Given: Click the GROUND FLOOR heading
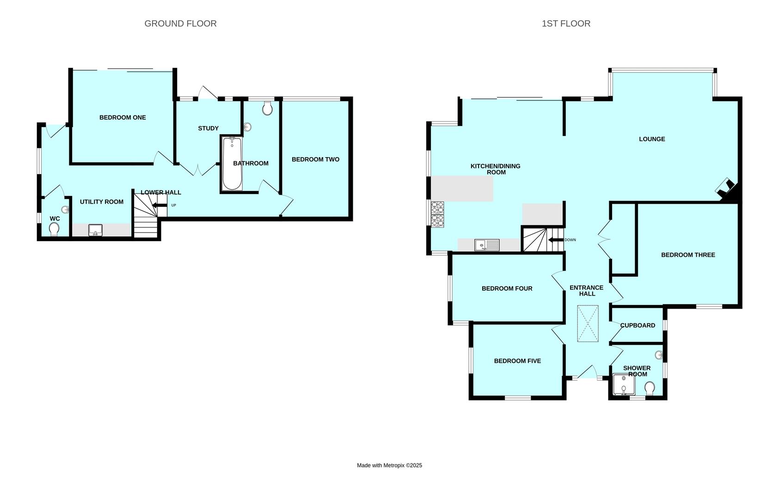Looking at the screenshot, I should tap(180, 24).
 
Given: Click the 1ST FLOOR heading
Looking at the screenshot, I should tap(566, 24).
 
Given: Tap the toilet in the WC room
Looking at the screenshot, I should tap(54, 229).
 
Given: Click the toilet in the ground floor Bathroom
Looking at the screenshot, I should tap(267, 109).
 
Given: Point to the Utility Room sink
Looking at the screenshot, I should tap(96, 230).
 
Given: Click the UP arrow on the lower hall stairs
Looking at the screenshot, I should tap(160, 205).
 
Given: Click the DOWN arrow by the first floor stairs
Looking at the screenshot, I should tap(555, 240).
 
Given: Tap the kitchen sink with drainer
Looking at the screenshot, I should tap(487, 245).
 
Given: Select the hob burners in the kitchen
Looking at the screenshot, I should tap(437, 214).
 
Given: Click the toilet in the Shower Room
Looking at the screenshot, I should tap(650, 388).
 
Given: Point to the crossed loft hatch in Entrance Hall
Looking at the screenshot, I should tap(588, 323).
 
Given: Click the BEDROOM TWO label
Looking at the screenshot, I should tap(315, 159).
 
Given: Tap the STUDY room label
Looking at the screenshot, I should tap(208, 128).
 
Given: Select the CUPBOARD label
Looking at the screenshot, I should tap(638, 325).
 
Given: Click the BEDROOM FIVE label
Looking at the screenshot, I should tap(517, 361).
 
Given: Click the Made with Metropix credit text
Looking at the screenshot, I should tap(389, 465).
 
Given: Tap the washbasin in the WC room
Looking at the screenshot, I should tap(65, 210).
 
